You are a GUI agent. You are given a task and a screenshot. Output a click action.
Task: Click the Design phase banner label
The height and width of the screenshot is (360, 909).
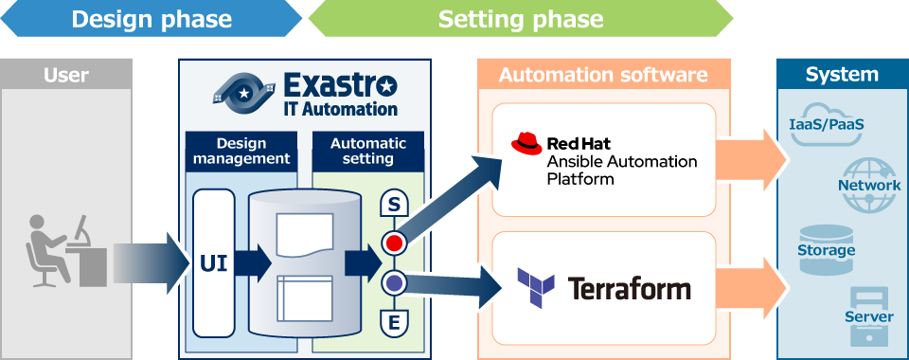pyautogui.click(x=151, y=19)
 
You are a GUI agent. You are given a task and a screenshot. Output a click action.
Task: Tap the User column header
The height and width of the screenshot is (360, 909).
pyautogui.click(x=65, y=75)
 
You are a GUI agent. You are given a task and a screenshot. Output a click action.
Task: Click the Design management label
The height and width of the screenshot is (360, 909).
pyautogui.click(x=241, y=152)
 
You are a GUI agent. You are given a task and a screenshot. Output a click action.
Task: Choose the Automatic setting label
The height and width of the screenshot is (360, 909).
pyautogui.click(x=367, y=152)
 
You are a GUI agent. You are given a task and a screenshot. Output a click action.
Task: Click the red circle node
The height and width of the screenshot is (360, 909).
pyautogui.click(x=393, y=243)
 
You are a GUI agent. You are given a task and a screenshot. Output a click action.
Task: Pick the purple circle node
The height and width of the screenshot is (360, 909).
pyautogui.click(x=393, y=282)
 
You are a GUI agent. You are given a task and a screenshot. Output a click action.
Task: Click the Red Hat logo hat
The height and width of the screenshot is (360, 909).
pyautogui.click(x=526, y=144)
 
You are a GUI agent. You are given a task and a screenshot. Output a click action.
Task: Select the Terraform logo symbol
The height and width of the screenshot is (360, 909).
pyautogui.click(x=535, y=287)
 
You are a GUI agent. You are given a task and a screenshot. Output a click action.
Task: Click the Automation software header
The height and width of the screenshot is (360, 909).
pyautogui.click(x=603, y=75)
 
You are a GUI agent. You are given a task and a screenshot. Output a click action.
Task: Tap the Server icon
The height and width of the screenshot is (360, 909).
pyautogui.click(x=868, y=316)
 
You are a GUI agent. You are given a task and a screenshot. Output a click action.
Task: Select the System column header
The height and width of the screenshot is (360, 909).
pyautogui.click(x=841, y=75)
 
